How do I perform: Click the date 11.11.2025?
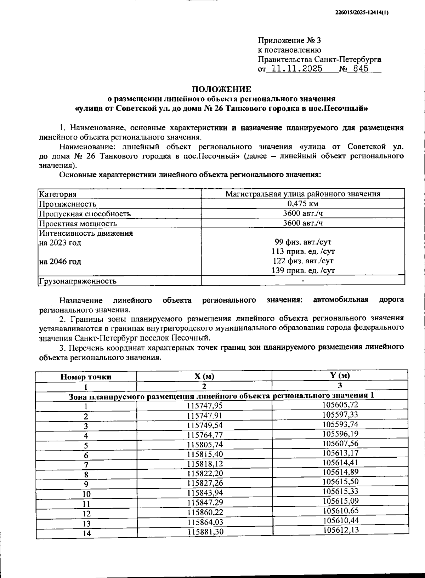click(294, 69)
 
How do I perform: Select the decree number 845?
click(358, 69)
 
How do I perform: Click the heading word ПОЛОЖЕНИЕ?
click(222, 89)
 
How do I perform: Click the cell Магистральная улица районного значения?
click(303, 194)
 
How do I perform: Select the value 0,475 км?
click(303, 204)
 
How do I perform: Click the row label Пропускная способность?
click(85, 214)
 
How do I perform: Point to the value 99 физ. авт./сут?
click(303, 242)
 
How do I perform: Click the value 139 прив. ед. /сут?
click(304, 271)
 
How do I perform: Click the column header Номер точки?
click(86, 377)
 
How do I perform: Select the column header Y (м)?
click(340, 376)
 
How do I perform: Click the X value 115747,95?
click(204, 406)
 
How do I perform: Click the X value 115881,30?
click(204, 531)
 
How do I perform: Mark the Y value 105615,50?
click(340, 481)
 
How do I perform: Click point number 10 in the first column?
click(86, 494)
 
